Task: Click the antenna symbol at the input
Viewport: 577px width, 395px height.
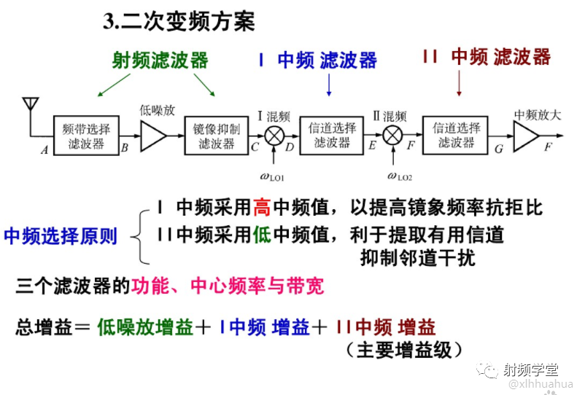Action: pos(29,109)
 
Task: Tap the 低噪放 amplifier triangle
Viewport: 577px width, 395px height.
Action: pos(152,135)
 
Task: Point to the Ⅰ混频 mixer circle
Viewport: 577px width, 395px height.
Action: pos(274,136)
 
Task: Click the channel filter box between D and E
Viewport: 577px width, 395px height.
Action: pos(333,136)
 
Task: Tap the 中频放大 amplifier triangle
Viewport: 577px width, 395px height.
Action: pos(525,136)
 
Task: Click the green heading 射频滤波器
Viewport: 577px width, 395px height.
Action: pos(160,60)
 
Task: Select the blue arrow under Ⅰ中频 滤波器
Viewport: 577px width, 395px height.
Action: pos(329,86)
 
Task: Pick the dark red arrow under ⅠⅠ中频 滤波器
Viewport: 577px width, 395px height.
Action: pos(459,85)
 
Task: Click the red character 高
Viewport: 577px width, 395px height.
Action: pos(262,208)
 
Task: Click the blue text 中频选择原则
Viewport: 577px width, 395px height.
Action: pos(61,236)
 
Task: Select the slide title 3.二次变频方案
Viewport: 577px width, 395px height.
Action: pos(179,23)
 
